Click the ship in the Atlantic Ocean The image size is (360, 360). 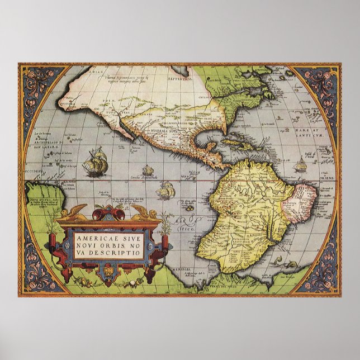pyautogui.click(x=301, y=164)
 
